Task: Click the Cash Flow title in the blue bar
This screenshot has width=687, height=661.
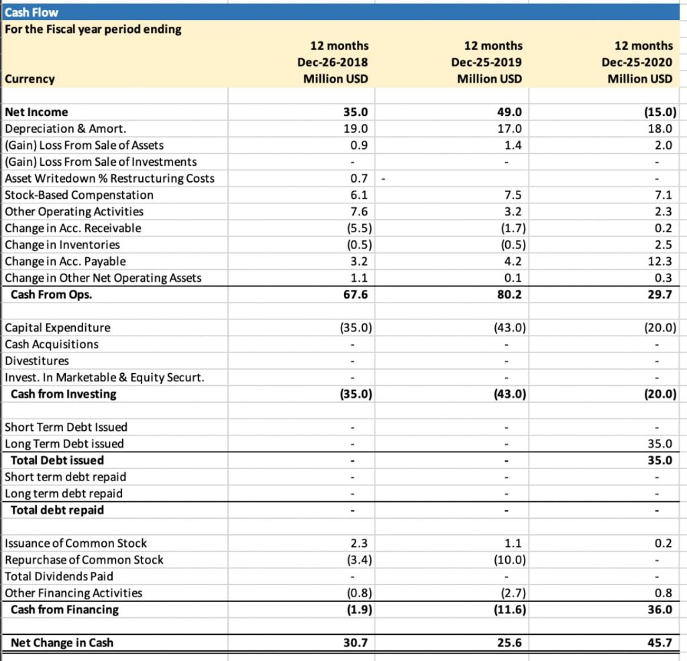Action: coord(32,12)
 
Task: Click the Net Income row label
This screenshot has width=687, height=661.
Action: coord(36,112)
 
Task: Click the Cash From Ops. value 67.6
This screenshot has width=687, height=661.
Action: coord(355,295)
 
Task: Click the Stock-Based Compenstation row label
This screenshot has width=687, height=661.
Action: coord(79,195)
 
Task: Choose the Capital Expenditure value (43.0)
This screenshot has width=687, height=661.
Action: coord(508,327)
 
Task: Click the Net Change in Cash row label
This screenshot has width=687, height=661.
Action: coord(62,643)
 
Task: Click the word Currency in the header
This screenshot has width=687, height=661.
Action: coord(30,79)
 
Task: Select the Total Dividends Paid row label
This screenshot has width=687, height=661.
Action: coord(59,576)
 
